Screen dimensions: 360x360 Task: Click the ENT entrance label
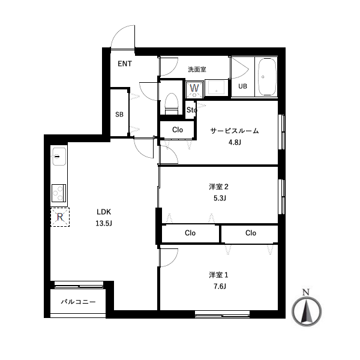click(x=125, y=64)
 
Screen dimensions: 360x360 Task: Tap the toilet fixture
click(x=172, y=104)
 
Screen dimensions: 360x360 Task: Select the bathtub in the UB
click(x=266, y=77)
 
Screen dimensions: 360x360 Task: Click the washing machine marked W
click(x=194, y=89)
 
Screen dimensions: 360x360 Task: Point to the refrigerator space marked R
click(x=60, y=217)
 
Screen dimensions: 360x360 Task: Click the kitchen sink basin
click(x=59, y=157)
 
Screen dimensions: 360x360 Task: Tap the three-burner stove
click(x=59, y=193)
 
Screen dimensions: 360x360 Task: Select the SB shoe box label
click(x=119, y=115)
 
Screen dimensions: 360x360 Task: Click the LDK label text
click(x=104, y=212)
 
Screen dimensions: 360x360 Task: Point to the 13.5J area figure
click(x=104, y=223)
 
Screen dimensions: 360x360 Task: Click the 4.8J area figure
click(x=235, y=142)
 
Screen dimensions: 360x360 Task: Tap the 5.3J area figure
click(x=220, y=198)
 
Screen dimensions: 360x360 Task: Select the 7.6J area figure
click(x=220, y=286)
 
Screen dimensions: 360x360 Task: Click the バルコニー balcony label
click(x=78, y=302)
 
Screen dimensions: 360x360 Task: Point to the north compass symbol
click(x=307, y=308)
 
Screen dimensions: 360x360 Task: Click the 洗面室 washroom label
click(x=197, y=70)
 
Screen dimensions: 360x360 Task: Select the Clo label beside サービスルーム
click(x=178, y=130)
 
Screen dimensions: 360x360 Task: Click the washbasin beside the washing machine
click(x=216, y=88)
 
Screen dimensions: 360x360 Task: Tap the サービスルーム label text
click(x=235, y=131)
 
